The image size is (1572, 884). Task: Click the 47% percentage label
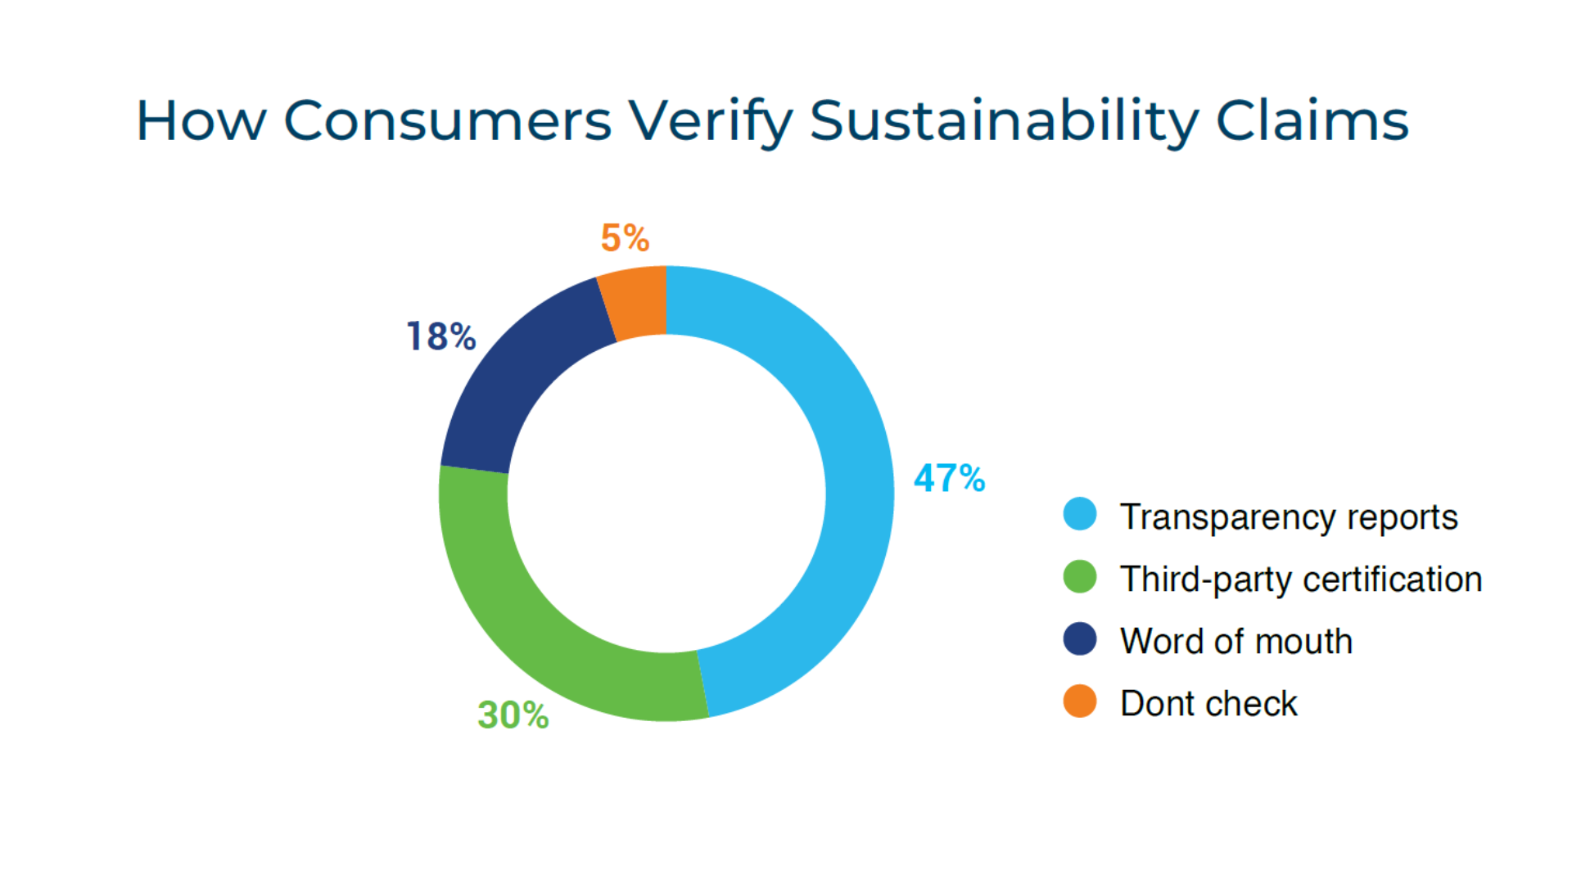pos(949,478)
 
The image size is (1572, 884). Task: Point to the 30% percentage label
pos(513,715)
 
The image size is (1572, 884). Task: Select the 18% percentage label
pos(441,336)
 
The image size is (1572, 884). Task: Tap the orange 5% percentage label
pos(625,238)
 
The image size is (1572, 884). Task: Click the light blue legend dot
pos(1080,514)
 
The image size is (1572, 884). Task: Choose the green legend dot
pos(1080,576)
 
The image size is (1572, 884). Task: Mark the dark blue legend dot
pos(1080,638)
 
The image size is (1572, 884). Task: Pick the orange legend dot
pos(1080,701)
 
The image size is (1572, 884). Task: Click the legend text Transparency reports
pos(1289,517)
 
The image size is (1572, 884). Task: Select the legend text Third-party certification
pos(1301,580)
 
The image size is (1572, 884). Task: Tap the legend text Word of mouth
pos(1236,642)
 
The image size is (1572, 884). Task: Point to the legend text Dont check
pos(1208,704)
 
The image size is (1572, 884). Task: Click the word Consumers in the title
pos(447,121)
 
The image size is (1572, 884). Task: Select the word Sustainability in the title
pos(1004,121)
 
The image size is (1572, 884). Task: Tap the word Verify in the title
pos(710,121)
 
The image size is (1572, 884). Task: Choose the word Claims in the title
pos(1312,121)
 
